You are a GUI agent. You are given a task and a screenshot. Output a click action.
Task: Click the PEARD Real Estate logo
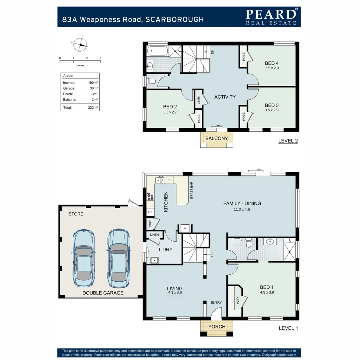[x=271, y=17]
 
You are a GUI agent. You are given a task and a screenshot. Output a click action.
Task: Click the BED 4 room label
[x=272, y=63]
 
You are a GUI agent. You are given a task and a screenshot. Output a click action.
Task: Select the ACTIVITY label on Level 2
[x=225, y=97]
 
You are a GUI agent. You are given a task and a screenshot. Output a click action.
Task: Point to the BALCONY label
[x=216, y=138]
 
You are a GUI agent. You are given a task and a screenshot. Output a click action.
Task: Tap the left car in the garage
[x=84, y=258]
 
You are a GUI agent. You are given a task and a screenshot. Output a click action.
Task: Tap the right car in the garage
[x=118, y=258]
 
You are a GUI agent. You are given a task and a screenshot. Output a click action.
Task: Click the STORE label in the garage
[x=76, y=214]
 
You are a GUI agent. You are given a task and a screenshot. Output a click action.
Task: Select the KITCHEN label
[x=166, y=202]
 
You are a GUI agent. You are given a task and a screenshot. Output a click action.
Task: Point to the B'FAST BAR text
[x=192, y=190]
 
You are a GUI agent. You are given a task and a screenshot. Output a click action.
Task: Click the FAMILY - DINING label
[x=242, y=204]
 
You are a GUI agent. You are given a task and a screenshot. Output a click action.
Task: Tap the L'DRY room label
[x=165, y=250]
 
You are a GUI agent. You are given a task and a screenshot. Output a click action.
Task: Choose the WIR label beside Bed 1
[x=238, y=301]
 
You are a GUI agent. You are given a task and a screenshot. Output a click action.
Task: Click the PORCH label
[x=217, y=327]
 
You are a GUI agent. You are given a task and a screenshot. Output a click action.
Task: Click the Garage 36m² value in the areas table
[x=94, y=88]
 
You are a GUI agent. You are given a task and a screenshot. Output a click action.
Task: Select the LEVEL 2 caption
[x=288, y=141]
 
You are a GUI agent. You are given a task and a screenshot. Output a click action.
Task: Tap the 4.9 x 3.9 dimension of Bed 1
[x=267, y=292]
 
